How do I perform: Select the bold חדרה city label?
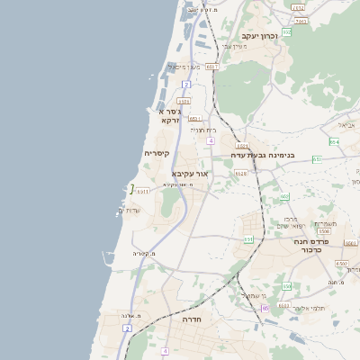191,319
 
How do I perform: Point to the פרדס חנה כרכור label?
313,246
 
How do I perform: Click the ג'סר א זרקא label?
168,115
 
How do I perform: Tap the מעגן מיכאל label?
184,67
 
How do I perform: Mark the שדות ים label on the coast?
130,210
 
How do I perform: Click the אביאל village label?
347,125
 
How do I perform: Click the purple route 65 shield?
265,309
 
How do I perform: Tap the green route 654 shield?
333,141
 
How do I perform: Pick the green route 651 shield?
247,239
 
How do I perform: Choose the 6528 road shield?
241,174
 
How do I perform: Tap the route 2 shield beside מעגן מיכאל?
185,84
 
